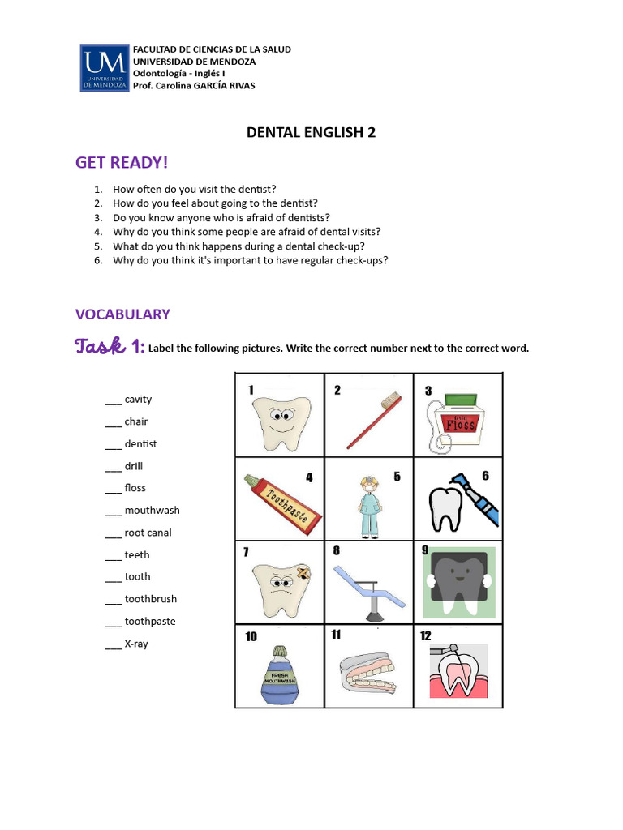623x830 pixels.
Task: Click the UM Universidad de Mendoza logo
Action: (x=103, y=67)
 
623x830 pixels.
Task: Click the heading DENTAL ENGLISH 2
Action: (x=311, y=132)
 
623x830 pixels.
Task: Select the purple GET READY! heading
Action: (x=122, y=163)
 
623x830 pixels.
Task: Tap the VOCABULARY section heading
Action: (x=122, y=314)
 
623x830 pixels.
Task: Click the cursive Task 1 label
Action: (x=110, y=347)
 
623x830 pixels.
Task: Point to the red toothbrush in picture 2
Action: (x=372, y=420)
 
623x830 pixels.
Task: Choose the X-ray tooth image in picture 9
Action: (x=459, y=582)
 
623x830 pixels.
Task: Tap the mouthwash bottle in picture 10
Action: (x=280, y=676)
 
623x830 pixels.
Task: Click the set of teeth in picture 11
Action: (x=369, y=673)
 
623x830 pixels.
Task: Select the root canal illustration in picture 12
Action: (x=458, y=673)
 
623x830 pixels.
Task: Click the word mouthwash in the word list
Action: (x=152, y=511)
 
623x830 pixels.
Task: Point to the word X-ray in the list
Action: (x=136, y=644)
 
